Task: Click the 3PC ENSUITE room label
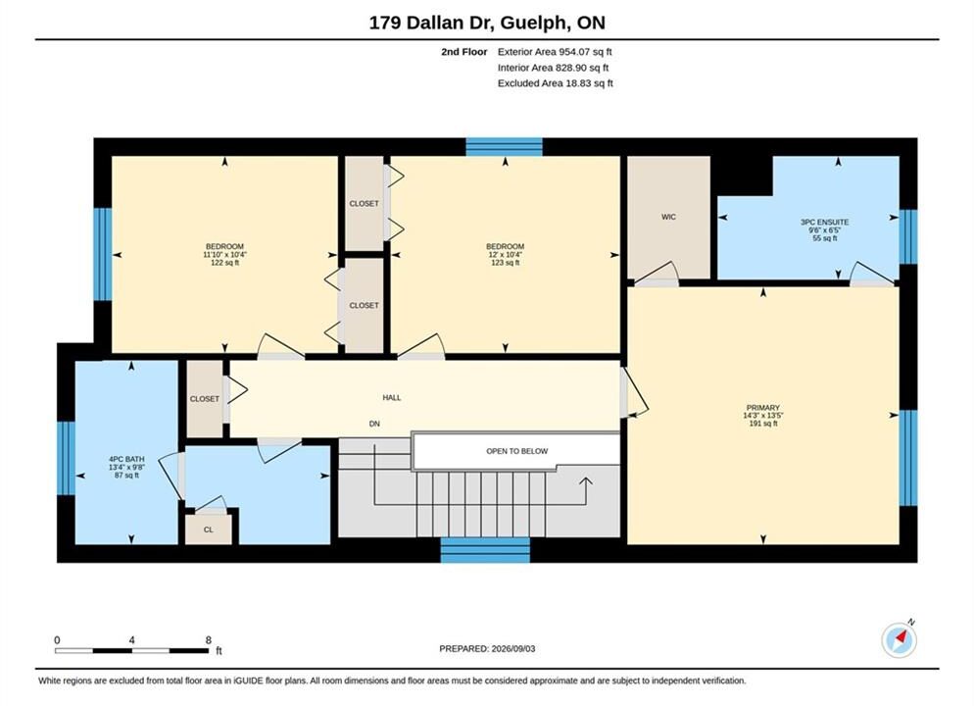(824, 222)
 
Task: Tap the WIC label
(668, 217)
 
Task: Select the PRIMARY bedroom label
(762, 408)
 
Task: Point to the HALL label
(391, 397)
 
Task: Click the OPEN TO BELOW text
(516, 451)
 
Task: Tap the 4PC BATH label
(126, 459)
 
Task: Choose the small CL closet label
(208, 529)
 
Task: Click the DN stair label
(374, 424)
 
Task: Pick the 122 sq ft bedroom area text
(224, 263)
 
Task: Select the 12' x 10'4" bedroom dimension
(505, 255)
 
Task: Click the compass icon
(899, 639)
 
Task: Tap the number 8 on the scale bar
(208, 639)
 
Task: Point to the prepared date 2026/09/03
(513, 648)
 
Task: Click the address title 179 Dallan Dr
(432, 23)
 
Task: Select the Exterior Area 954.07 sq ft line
(555, 52)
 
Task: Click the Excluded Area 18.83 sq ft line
(556, 82)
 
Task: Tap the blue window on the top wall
(504, 147)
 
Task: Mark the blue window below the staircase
(485, 550)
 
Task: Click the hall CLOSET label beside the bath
(205, 398)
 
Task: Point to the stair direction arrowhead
(586, 480)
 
